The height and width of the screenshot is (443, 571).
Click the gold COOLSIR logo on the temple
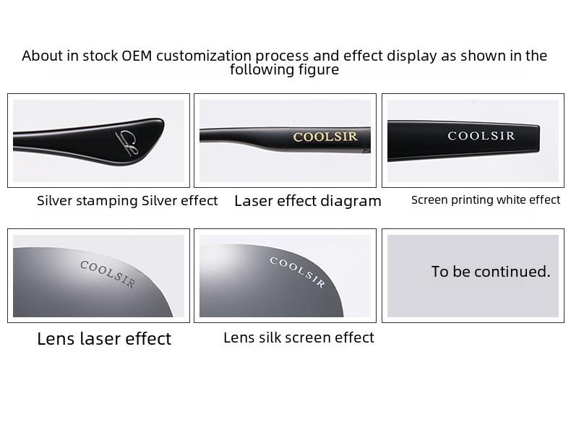(x=325, y=137)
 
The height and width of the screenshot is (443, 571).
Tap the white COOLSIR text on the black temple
(x=481, y=136)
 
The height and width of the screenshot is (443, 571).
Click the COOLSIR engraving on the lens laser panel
(x=108, y=273)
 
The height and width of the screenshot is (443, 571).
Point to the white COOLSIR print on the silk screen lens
(x=297, y=272)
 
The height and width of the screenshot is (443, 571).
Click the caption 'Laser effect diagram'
(x=308, y=201)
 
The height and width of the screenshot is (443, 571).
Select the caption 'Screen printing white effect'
(x=486, y=200)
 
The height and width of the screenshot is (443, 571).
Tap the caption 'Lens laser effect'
(x=104, y=338)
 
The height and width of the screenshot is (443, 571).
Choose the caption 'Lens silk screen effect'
(x=299, y=337)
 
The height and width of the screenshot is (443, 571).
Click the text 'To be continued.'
(x=491, y=272)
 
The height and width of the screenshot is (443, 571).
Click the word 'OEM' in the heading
(x=137, y=56)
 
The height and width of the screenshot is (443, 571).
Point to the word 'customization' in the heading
(x=204, y=56)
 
